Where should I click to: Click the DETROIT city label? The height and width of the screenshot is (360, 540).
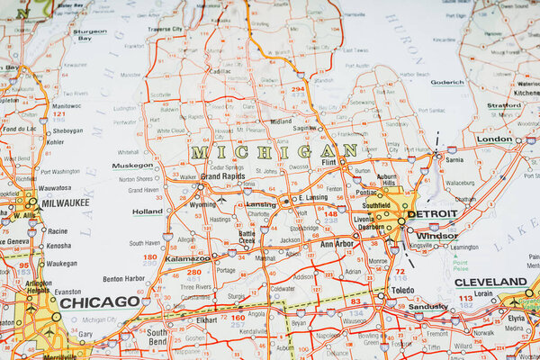point(432,214)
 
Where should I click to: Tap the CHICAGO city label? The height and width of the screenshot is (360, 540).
point(99,302)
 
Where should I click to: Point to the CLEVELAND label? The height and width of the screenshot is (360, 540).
point(490,282)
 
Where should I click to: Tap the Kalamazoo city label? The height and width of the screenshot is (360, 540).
point(187,258)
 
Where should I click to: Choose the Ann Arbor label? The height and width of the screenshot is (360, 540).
point(337,243)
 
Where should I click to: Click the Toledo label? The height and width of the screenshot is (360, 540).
point(401,290)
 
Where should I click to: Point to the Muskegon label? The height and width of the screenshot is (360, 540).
point(132,166)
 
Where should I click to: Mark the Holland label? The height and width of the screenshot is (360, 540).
point(148,211)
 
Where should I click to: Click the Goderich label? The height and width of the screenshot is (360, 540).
point(447,82)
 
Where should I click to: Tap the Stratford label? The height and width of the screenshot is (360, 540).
point(505,105)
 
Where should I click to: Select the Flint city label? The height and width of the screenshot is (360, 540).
point(329,162)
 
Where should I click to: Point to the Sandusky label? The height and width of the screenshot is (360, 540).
point(427,306)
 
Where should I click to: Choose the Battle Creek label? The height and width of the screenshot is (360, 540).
point(247,237)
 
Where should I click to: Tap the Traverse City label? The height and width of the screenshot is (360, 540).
point(165,29)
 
